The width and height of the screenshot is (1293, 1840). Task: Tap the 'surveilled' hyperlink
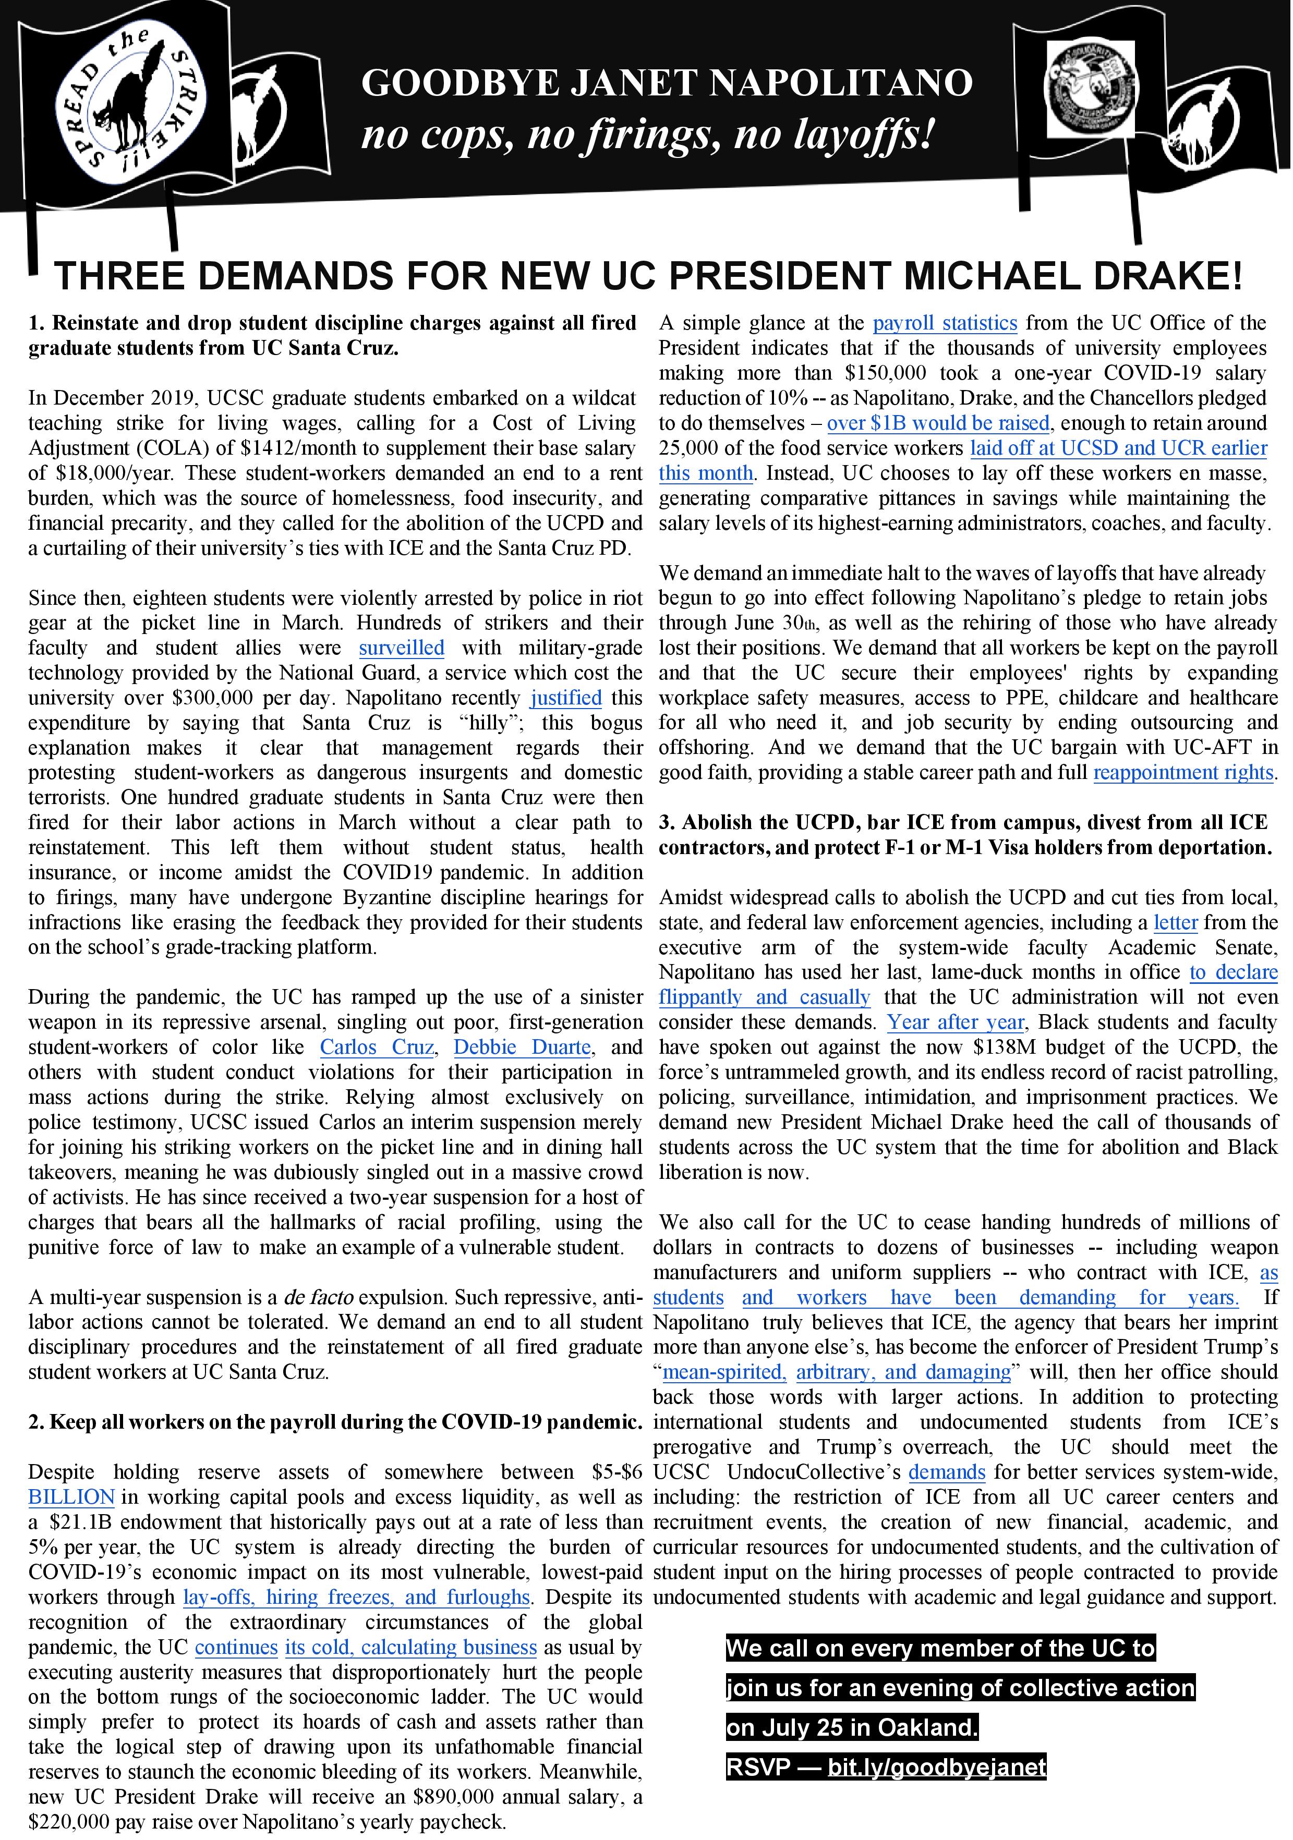(401, 648)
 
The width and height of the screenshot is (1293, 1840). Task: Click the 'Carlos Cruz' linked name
(377, 1047)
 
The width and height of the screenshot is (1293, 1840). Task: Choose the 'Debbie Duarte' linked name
(522, 1047)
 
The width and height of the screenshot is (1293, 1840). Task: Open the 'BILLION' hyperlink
(71, 1497)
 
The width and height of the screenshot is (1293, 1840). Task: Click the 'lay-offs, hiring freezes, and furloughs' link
(356, 1597)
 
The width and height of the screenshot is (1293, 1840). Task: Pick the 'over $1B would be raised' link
(938, 423)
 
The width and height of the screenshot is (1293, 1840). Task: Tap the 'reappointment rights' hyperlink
(1183, 773)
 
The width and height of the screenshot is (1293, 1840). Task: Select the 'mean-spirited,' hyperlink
(724, 1372)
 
